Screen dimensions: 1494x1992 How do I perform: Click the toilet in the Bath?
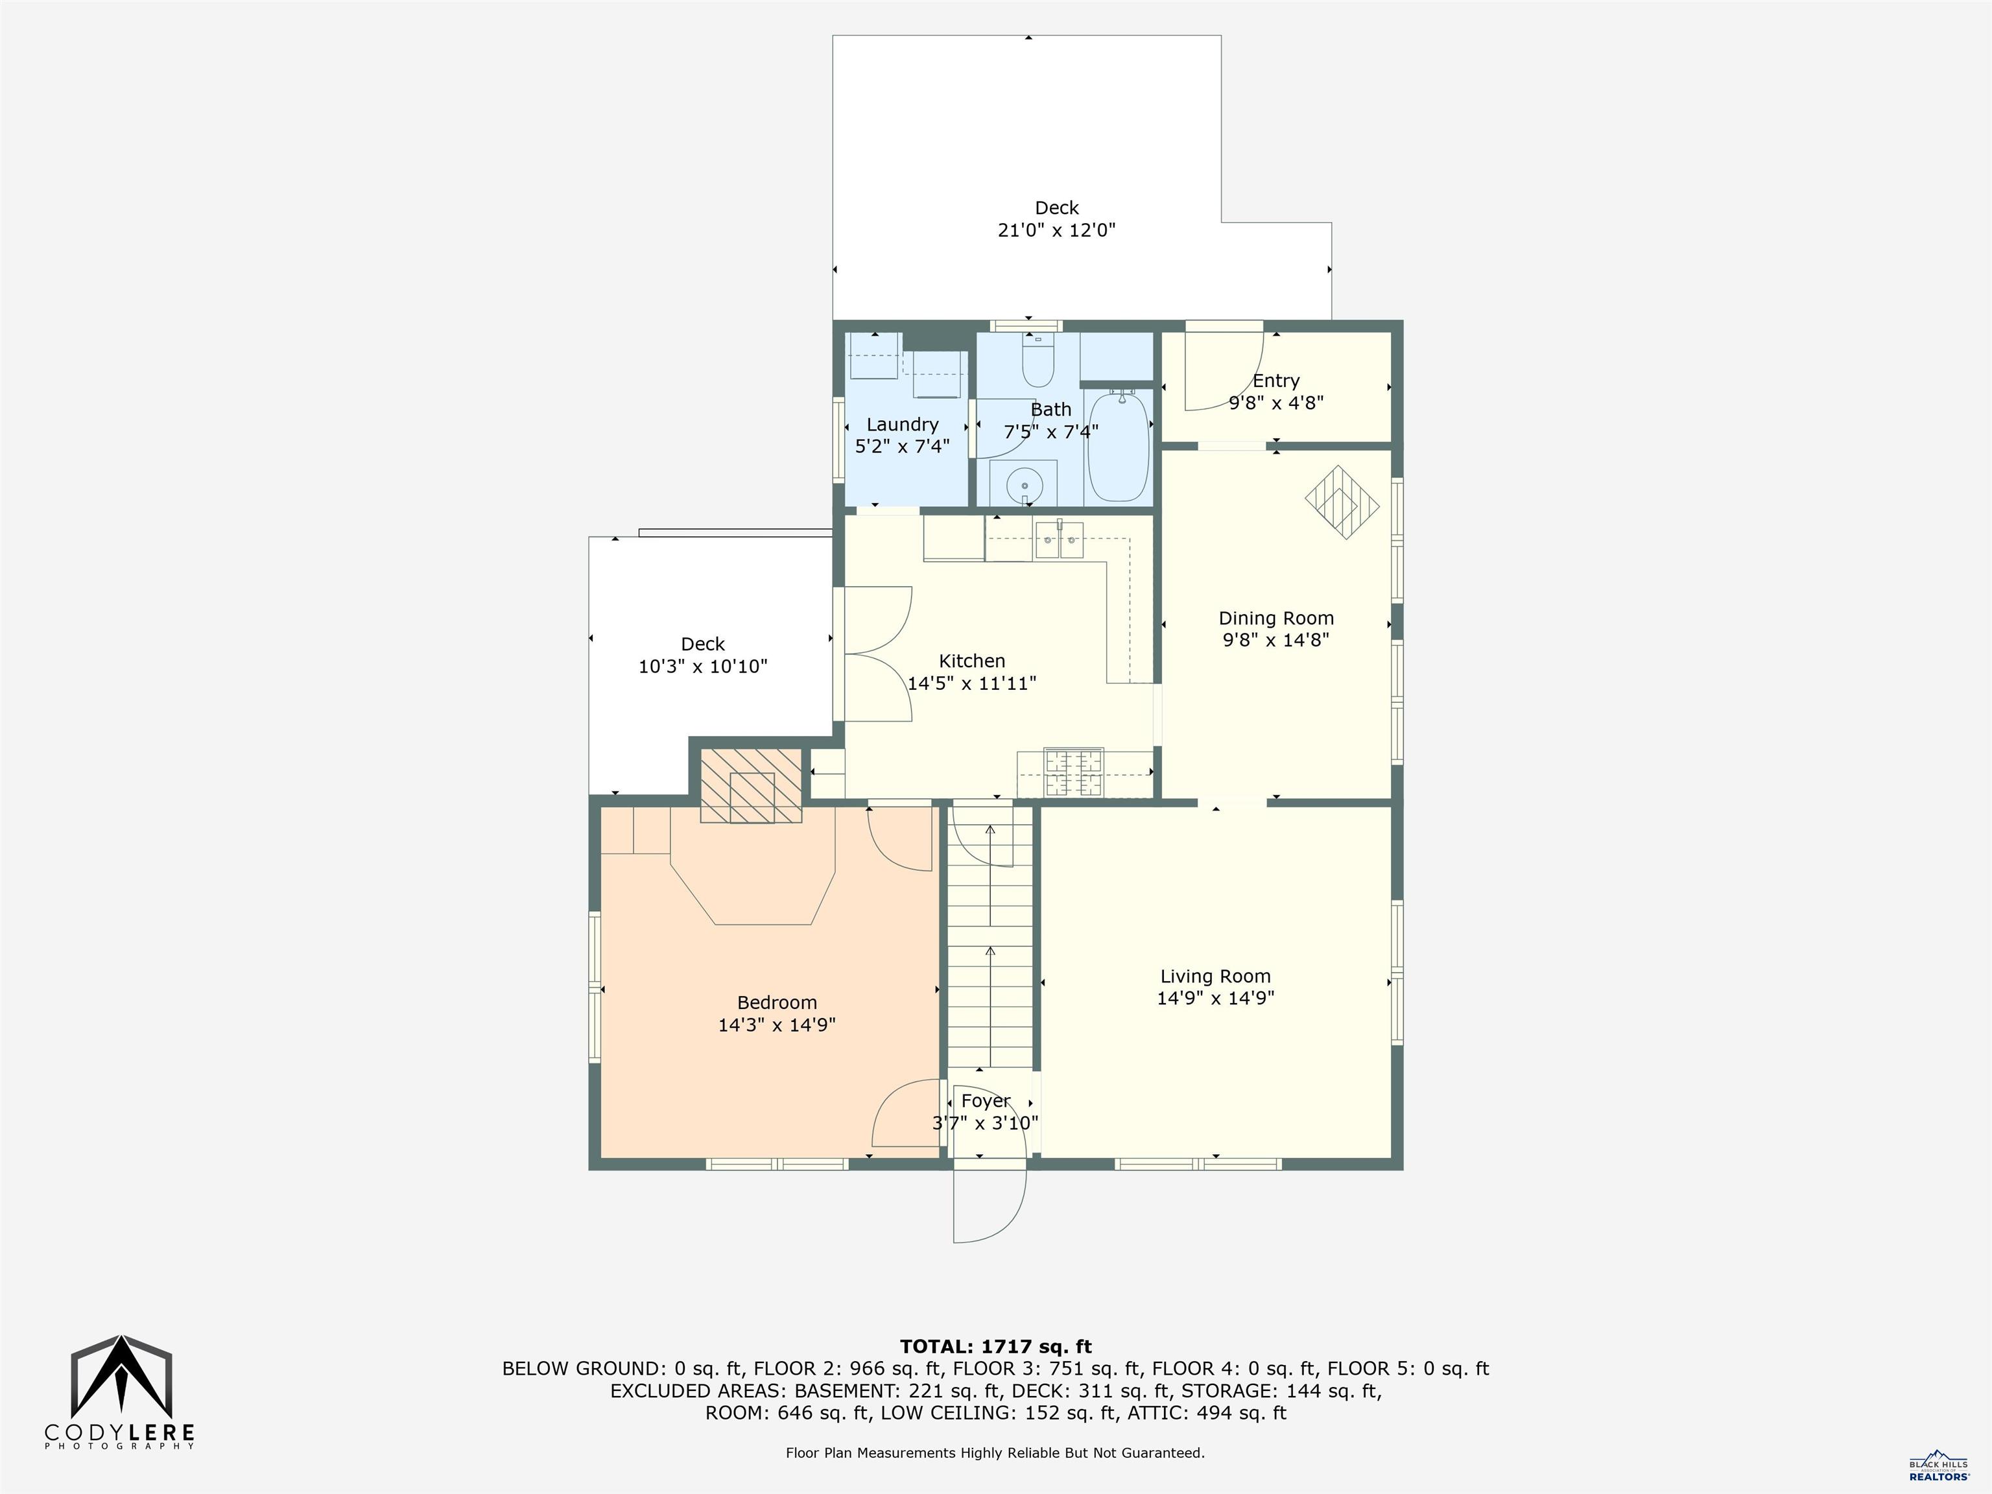pyautogui.click(x=1037, y=364)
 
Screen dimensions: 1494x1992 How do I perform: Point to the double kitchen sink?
pyautogui.click(x=1059, y=543)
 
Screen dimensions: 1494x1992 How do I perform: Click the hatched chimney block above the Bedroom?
pyautogui.click(x=751, y=785)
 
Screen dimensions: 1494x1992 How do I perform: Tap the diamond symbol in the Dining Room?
pyautogui.click(x=1342, y=503)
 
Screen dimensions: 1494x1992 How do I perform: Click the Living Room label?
pyautogui.click(x=1215, y=976)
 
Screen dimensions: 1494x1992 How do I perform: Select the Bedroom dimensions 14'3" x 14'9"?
pyautogui.click(x=776, y=1025)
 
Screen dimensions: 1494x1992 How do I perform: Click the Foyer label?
pyautogui.click(x=985, y=1100)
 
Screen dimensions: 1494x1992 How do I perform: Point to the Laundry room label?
pyautogui.click(x=903, y=424)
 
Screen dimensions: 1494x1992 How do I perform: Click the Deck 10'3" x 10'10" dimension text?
pyautogui.click(x=702, y=667)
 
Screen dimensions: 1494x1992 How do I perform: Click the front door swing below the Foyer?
pyautogui.click(x=991, y=1207)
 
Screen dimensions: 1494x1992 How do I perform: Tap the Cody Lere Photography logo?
pyautogui.click(x=121, y=1392)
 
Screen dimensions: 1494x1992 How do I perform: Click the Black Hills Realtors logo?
pyautogui.click(x=1938, y=1465)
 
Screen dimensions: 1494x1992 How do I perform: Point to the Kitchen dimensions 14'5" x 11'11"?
pyautogui.click(x=972, y=683)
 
